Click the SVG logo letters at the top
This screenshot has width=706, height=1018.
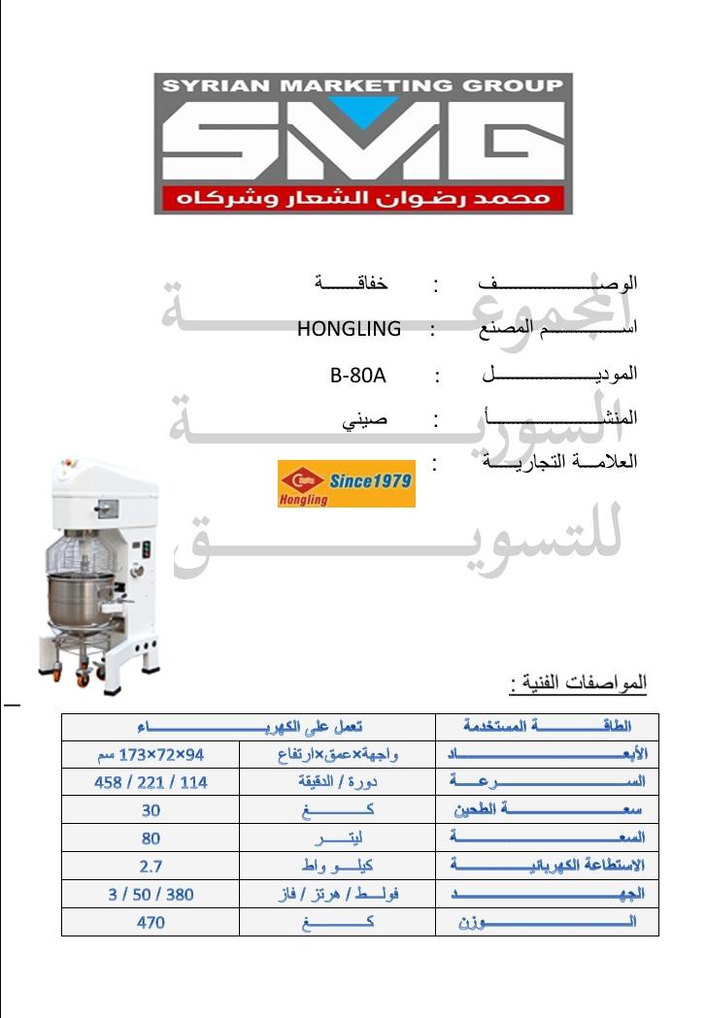click(362, 143)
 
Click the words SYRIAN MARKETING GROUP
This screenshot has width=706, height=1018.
click(362, 85)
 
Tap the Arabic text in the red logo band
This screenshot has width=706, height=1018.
click(362, 199)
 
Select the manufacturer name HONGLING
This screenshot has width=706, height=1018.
click(349, 329)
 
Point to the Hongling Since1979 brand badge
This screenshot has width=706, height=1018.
click(346, 484)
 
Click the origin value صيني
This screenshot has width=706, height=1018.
click(365, 419)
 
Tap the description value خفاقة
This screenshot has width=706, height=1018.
click(351, 284)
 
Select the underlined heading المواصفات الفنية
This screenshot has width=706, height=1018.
click(578, 684)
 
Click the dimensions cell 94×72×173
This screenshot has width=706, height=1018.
click(151, 754)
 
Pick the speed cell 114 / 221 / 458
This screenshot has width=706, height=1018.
click(151, 781)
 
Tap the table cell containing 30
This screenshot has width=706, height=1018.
click(151, 810)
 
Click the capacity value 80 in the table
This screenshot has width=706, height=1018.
click(151, 838)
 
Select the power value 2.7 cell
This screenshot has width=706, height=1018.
click(151, 866)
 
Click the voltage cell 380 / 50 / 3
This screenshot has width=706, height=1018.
click(151, 894)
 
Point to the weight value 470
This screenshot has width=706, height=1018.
click(151, 923)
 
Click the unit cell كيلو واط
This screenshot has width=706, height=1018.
click(338, 866)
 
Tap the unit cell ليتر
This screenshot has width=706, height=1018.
click(338, 838)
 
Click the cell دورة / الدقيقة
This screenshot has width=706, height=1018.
click(338, 781)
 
